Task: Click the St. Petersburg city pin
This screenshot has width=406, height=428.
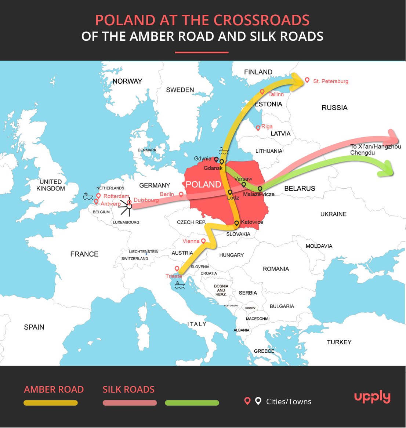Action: (x=307, y=80)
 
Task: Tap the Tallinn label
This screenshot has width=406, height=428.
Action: (x=276, y=94)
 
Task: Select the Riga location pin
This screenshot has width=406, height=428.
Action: (x=258, y=128)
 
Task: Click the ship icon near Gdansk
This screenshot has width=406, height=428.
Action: (x=224, y=150)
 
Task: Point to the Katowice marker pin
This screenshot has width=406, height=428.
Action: (x=237, y=223)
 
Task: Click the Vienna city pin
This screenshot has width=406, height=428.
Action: (x=203, y=241)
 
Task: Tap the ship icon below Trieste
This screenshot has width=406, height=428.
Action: (x=180, y=284)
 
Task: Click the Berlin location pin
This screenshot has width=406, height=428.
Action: (x=181, y=194)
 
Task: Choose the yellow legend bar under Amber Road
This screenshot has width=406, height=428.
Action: (x=51, y=403)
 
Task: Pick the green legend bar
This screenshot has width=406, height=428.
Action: (x=192, y=403)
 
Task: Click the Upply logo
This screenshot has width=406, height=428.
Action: (x=372, y=397)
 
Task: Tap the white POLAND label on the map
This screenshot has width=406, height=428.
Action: (x=203, y=184)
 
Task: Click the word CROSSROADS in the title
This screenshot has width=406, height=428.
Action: (x=261, y=20)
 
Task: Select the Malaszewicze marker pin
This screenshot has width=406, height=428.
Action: (x=260, y=189)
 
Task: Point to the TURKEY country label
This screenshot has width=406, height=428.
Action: (x=339, y=342)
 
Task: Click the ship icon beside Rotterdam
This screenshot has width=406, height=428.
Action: (x=88, y=196)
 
